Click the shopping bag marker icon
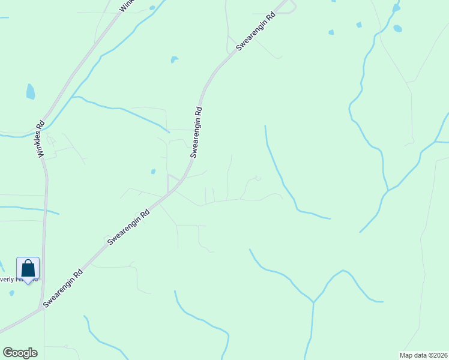[28, 268]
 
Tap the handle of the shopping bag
[28, 262]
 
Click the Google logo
[20, 353]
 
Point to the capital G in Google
[7, 353]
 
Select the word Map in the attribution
[407, 355]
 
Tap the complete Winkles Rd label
[41, 140]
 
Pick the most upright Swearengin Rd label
[196, 132]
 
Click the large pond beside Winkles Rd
[30, 92]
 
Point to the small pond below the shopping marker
[11, 293]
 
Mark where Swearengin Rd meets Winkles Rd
[42, 308]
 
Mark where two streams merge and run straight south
[313, 302]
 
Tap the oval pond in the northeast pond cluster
[397, 28]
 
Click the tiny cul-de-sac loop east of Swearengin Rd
[258, 178]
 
